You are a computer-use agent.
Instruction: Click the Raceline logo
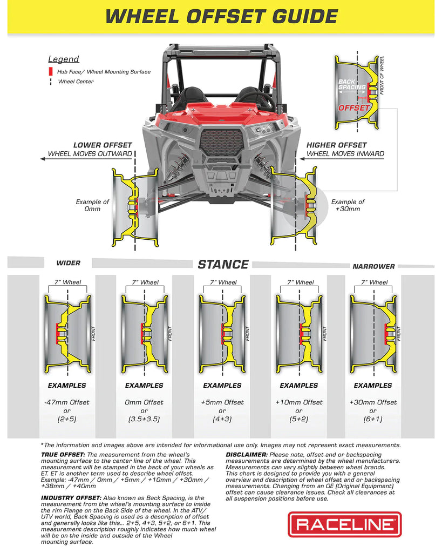tap(344, 523)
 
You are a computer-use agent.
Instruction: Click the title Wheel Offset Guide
tap(221, 16)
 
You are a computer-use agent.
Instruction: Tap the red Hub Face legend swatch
tap(51, 71)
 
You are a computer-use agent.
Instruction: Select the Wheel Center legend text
tap(76, 82)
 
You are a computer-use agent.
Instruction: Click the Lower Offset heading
tap(103, 145)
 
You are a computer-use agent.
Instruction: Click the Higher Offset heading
tap(337, 145)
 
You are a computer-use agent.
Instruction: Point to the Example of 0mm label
tap(92, 205)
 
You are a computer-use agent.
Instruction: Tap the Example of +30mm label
tap(348, 205)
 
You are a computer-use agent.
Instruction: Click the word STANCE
tap(223, 265)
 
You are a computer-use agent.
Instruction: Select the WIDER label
tap(69, 264)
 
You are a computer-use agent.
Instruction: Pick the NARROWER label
tap(373, 266)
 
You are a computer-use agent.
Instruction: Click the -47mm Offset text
tap(67, 402)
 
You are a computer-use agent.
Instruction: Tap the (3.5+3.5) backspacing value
tap(144, 419)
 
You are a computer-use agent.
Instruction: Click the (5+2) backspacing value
tap(298, 419)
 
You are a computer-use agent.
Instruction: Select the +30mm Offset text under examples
tap(373, 402)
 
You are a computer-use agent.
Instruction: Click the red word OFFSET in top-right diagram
tap(353, 107)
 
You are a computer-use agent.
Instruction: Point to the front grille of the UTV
tap(222, 142)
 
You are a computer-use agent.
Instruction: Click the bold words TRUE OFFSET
tap(63, 455)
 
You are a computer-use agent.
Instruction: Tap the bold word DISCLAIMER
tap(246, 455)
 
